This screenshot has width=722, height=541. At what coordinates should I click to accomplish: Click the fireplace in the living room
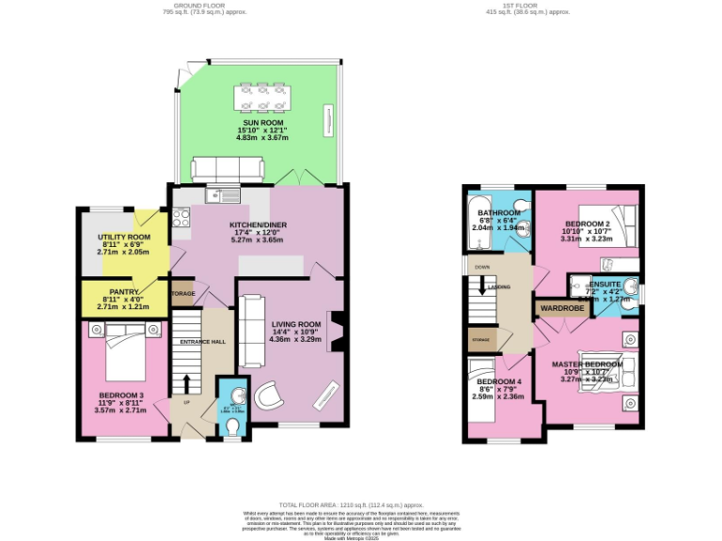[334, 331]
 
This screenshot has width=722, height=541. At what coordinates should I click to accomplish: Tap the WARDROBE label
[562, 306]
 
